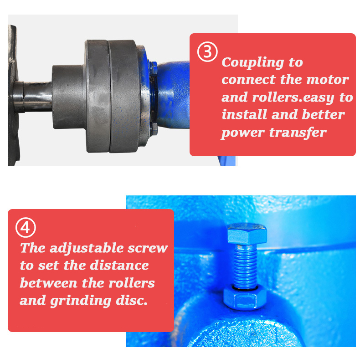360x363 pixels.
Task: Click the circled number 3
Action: [x=207, y=51]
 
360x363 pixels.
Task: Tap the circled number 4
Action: [x=26, y=227]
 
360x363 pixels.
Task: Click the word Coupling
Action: [x=253, y=63]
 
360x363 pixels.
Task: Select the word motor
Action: [x=327, y=80]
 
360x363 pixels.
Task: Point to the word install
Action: [x=244, y=114]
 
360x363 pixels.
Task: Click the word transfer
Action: [x=298, y=133]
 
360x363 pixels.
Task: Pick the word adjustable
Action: [x=87, y=248]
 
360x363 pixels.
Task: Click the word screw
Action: [x=148, y=249]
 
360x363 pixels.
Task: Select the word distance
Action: [x=119, y=266]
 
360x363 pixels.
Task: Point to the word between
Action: [x=48, y=283]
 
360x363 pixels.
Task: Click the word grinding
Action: [x=81, y=301]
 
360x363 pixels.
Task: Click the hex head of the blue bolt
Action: [x=247, y=234]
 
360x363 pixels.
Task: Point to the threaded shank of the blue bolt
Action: [x=245, y=266]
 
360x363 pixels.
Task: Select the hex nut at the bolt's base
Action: [x=244, y=298]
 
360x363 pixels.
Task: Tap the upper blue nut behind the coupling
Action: [x=154, y=68]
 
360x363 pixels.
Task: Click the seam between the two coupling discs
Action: [x=108, y=96]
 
